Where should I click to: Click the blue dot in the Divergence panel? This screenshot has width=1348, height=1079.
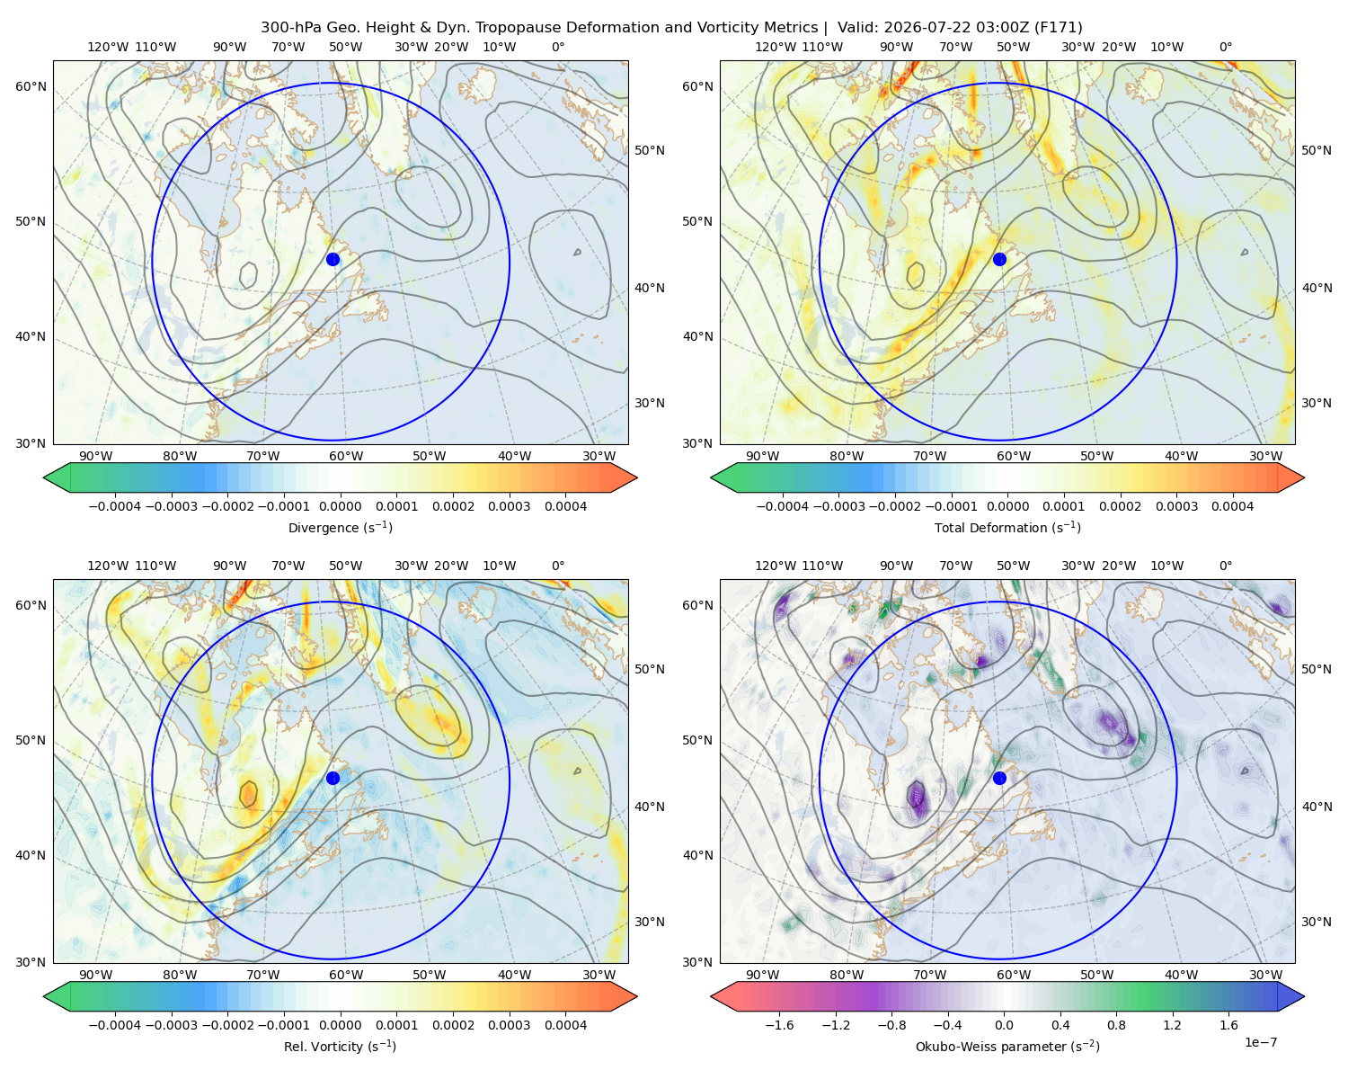pyautogui.click(x=333, y=259)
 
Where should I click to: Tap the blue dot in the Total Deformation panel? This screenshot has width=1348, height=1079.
pyautogui.click(x=999, y=259)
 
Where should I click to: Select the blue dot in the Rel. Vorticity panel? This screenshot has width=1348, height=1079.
pyautogui.click(x=333, y=778)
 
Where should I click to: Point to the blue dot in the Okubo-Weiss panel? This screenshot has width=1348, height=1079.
pyautogui.click(x=999, y=778)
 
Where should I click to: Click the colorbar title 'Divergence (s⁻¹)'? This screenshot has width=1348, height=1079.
pyautogui.click(x=340, y=527)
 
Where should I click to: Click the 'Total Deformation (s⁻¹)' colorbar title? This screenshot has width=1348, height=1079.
pyautogui.click(x=1007, y=527)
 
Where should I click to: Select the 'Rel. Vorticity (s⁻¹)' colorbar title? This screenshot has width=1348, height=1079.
pyautogui.click(x=340, y=1046)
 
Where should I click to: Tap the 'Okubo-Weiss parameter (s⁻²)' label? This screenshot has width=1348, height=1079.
pyautogui.click(x=1007, y=1046)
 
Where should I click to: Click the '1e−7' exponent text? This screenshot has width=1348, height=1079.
pyautogui.click(x=1260, y=1042)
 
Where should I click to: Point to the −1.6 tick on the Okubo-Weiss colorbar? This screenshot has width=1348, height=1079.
pyautogui.click(x=779, y=1025)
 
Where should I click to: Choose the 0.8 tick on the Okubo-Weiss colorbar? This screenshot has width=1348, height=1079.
pyautogui.click(x=1116, y=1025)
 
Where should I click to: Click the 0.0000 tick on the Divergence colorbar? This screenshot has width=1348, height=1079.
pyautogui.click(x=340, y=506)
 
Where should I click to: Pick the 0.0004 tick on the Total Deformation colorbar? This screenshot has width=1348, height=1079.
pyautogui.click(x=1233, y=506)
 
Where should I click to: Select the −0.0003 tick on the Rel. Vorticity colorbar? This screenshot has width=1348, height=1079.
pyautogui.click(x=171, y=1025)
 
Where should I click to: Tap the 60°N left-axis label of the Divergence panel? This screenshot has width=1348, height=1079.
pyautogui.click(x=31, y=86)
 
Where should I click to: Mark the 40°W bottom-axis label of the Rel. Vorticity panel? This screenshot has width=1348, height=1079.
pyautogui.click(x=514, y=975)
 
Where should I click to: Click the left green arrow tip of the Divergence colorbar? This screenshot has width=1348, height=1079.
pyautogui.click(x=44, y=477)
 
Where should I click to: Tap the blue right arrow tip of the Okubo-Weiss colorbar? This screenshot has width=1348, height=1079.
pyautogui.click(x=1304, y=996)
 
